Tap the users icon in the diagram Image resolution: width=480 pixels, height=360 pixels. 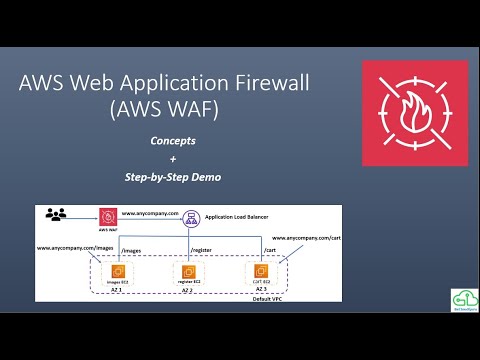(x=56, y=214)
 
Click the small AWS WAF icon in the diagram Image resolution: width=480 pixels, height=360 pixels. (x=106, y=216)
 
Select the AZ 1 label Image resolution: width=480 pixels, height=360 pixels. (x=120, y=291)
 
